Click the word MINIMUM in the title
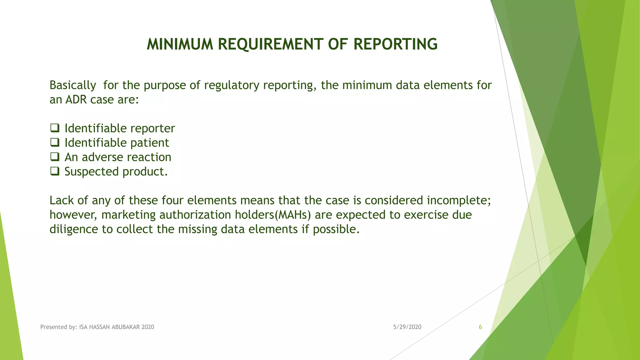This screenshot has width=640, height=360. click(x=180, y=44)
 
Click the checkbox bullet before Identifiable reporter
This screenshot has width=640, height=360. click(x=55, y=128)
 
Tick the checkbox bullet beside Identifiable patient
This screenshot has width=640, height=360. click(x=55, y=142)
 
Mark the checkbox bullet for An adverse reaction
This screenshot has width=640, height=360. click(x=55, y=157)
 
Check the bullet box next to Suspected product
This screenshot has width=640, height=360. click(x=55, y=171)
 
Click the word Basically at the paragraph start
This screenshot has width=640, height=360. click(x=73, y=85)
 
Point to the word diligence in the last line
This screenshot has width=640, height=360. click(x=74, y=229)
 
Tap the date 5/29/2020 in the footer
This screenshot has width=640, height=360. click(x=407, y=327)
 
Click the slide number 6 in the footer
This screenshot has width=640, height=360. click(x=480, y=327)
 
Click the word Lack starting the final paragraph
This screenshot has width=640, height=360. click(x=61, y=200)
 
